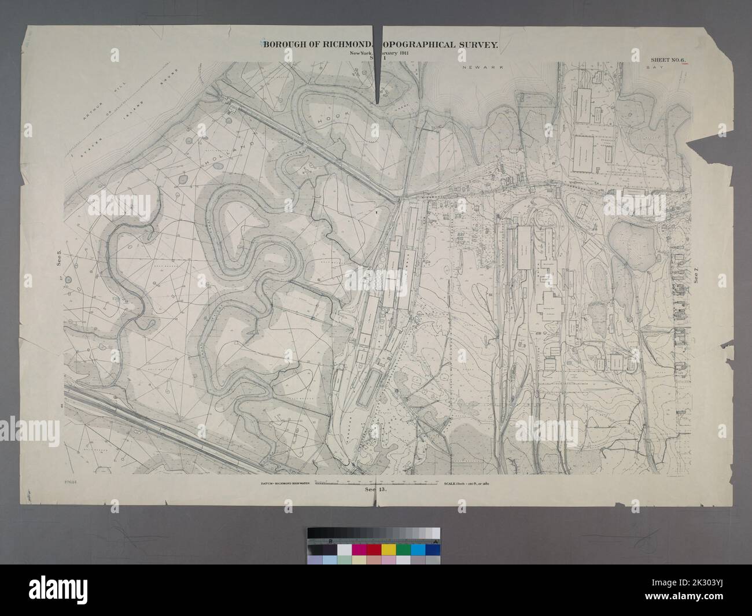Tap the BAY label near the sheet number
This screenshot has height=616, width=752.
[x=655, y=68]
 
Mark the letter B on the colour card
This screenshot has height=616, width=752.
[x=330, y=540]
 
